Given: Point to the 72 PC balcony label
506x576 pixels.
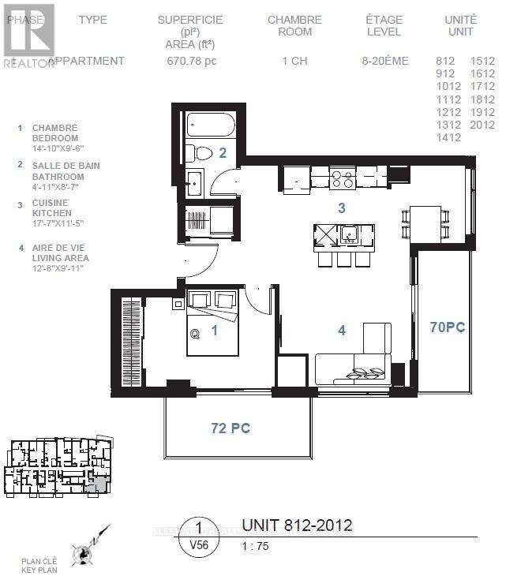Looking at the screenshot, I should coord(231,428).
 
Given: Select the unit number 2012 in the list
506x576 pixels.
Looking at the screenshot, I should coord(482,125).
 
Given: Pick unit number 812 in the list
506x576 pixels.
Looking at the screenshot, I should coord(445,61).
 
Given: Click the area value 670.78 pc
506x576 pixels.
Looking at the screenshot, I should coord(189,61).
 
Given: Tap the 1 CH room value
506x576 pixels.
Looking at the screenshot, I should coord(294,61).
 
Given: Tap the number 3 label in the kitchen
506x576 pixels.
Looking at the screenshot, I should coord(341,208).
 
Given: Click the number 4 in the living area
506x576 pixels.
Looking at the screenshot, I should coord(341,331).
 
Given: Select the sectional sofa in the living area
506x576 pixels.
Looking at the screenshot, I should coord(355,359).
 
